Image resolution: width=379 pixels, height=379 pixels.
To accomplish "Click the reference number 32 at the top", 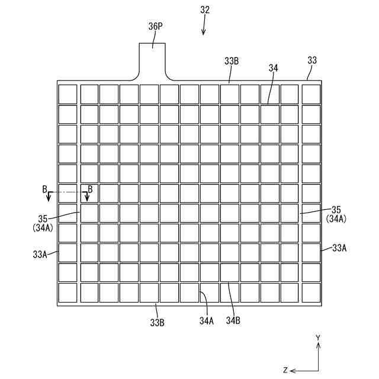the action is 205,10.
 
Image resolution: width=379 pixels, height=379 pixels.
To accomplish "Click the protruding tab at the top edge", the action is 153,59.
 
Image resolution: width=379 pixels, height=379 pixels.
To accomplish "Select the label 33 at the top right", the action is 312,60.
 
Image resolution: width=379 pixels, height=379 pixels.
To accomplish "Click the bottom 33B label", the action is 157,323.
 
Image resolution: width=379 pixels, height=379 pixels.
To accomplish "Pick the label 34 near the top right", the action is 273,68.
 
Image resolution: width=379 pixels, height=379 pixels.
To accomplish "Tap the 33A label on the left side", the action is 40,254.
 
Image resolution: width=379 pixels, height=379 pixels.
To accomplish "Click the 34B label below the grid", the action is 233,320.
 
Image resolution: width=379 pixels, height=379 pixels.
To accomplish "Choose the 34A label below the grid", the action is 206,320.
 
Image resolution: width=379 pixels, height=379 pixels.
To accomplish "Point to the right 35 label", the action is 336,210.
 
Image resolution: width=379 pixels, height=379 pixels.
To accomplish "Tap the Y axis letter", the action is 318,338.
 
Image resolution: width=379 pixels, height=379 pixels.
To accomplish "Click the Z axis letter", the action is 285,370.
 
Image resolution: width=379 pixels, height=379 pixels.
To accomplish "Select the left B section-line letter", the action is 44,189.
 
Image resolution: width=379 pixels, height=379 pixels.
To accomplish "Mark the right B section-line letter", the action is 90,189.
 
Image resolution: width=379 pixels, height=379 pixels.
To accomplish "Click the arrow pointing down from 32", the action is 203,27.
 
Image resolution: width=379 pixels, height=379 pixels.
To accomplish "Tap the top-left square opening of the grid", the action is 68,94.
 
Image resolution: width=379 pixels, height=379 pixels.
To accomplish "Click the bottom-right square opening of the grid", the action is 311,293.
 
